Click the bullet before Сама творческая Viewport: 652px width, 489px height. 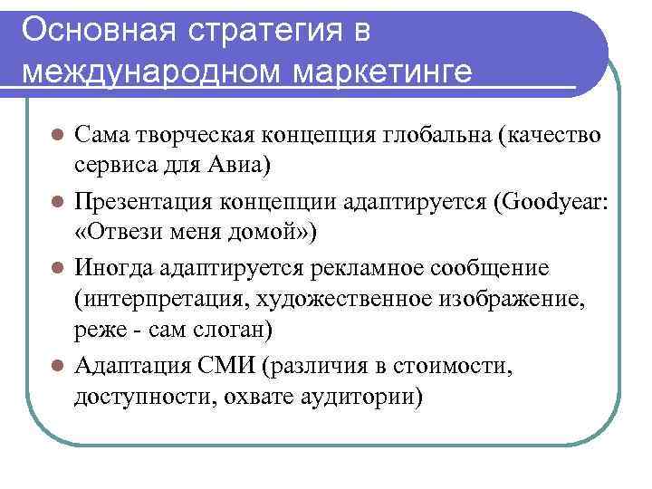[56, 136]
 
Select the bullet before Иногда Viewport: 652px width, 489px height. [56, 268]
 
